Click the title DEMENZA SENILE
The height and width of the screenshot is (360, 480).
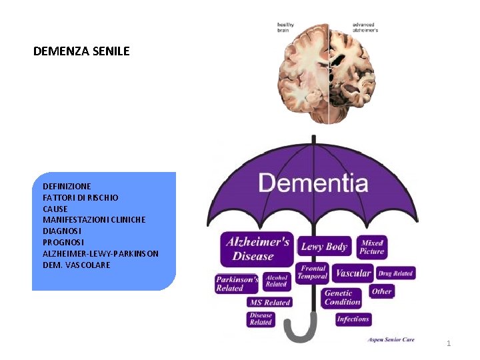click(81, 51)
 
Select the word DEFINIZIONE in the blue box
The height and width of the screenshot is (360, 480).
click(67, 187)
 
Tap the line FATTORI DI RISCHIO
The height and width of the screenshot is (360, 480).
click(81, 198)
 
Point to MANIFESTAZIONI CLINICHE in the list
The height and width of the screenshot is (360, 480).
click(94, 219)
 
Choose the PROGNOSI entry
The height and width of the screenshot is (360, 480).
click(63, 242)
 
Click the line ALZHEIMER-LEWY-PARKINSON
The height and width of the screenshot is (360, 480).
click(101, 253)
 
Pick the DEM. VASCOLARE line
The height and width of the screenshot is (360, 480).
click(77, 265)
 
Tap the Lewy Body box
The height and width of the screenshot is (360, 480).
click(324, 247)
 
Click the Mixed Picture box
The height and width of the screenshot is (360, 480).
click(371, 247)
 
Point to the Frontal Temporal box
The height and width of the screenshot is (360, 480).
click(312, 273)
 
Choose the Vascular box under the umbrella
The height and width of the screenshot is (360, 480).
click(353, 273)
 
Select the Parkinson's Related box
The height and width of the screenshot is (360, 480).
click(237, 284)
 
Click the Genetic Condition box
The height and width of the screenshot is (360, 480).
click(342, 297)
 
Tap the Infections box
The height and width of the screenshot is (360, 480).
click(353, 319)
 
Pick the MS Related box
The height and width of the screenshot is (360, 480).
click(270, 302)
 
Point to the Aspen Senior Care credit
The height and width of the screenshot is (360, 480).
click(391, 340)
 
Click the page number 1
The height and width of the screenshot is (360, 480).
click(449, 343)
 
